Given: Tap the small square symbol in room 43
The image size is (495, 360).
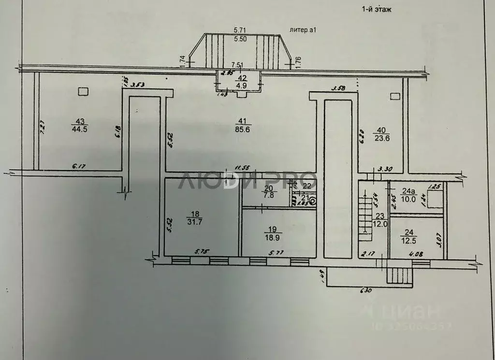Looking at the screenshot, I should pyautogui.click(x=83, y=90).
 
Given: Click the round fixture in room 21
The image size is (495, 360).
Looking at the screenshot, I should pyautogui.click(x=313, y=202).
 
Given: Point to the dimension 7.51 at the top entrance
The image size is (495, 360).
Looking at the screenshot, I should pyautogui.click(x=237, y=64).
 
